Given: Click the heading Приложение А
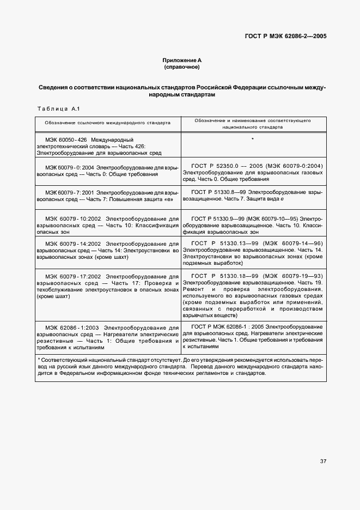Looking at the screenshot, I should [x=181, y=60].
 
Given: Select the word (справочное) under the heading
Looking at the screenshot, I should [x=181, y=67].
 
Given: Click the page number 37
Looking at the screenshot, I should [x=323, y=461].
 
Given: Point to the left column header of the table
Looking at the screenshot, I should [x=107, y=123].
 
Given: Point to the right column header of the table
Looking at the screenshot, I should [x=252, y=123].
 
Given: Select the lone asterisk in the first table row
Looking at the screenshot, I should [x=253, y=139].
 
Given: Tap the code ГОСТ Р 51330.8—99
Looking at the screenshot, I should [x=217, y=192].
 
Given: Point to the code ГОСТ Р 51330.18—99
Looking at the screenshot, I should [x=219, y=276].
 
